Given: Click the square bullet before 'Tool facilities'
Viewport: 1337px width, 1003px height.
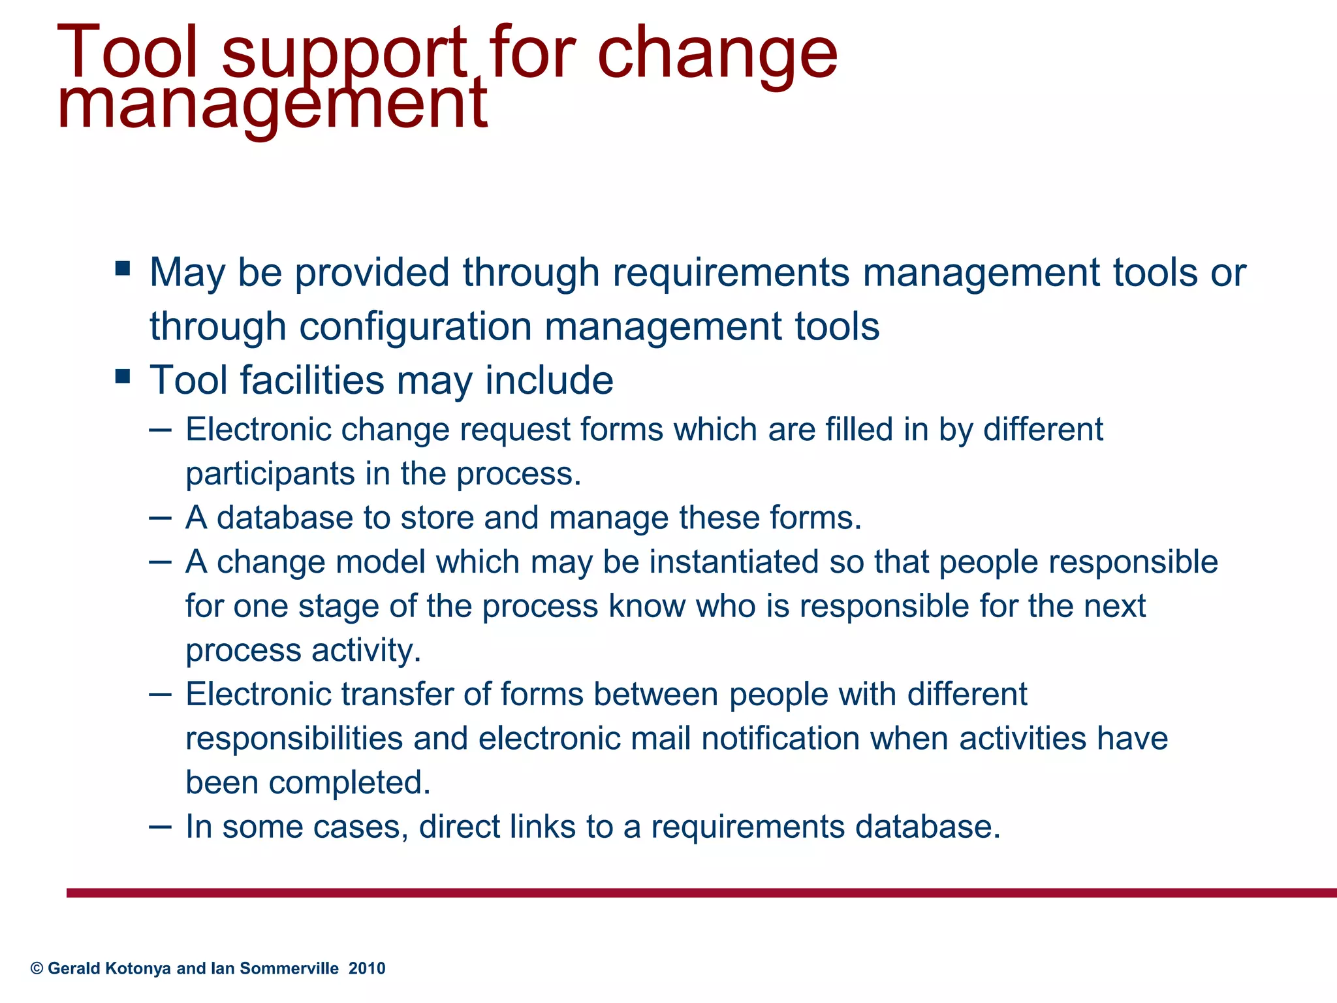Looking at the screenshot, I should click(x=122, y=377).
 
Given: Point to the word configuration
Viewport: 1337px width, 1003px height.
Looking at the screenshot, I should click(x=415, y=326).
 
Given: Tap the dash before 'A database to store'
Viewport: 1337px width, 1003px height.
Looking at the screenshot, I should click(x=160, y=518).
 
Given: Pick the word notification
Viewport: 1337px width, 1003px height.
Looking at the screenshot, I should click(x=781, y=739).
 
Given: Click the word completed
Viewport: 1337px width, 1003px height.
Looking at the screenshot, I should click(x=349, y=782).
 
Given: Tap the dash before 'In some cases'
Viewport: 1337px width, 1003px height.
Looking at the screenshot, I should click(x=160, y=827).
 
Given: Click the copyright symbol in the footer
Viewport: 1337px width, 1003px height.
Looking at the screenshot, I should click(x=37, y=968).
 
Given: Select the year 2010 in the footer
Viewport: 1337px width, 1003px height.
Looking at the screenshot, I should click(x=367, y=968).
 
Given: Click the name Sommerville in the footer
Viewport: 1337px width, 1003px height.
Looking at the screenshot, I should click(x=289, y=968).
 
